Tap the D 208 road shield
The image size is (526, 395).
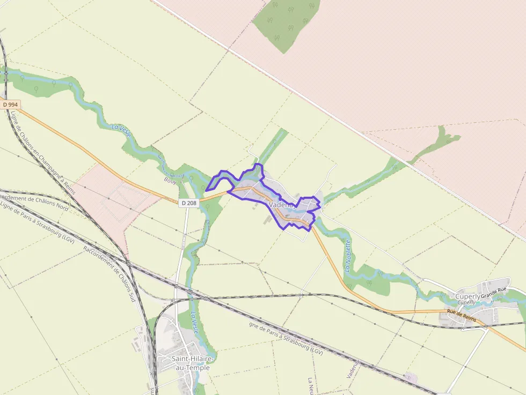point(188,203)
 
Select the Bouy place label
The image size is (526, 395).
point(170,181)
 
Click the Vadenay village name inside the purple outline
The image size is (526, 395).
point(282,205)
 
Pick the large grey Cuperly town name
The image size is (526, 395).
point(467,296)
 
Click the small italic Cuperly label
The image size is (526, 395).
point(466,302)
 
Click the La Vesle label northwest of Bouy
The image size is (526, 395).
point(121,132)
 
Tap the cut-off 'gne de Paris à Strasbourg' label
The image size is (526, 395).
point(286,338)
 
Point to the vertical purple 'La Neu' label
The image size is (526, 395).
point(311,386)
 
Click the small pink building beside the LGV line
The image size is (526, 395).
point(412,377)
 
